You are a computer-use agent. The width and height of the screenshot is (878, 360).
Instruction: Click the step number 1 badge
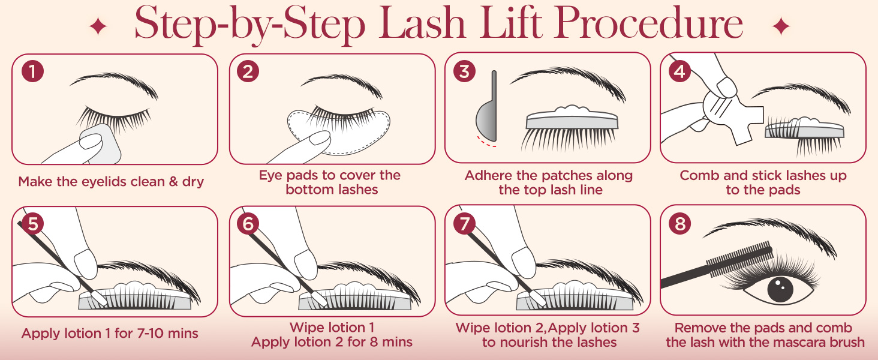click(32, 72)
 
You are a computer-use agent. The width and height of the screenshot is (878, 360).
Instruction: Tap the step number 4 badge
click(679, 72)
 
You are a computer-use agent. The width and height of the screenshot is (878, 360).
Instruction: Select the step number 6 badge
click(248, 224)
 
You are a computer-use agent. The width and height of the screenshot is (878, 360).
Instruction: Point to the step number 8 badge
click(679, 224)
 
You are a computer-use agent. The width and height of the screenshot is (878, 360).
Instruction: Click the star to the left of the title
click(97, 26)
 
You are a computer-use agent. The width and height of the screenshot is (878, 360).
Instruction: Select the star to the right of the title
click(780, 26)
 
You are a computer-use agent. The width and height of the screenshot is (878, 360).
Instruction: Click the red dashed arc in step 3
click(486, 143)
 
